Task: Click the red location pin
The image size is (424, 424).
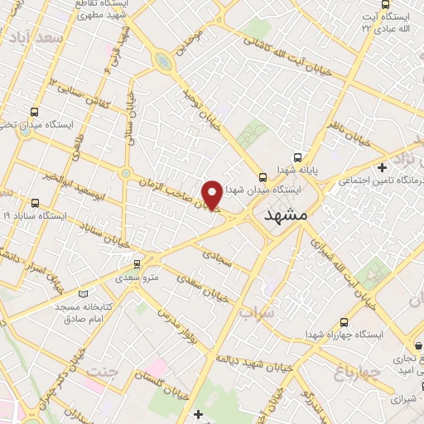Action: pyautogui.click(x=213, y=194)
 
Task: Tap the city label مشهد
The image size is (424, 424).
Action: pyautogui.click(x=286, y=214)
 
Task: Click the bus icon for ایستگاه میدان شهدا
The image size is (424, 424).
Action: pyautogui.click(x=263, y=177)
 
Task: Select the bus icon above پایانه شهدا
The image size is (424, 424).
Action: pyautogui.click(x=297, y=156)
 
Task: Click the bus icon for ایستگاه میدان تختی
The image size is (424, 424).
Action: pyautogui.click(x=34, y=112)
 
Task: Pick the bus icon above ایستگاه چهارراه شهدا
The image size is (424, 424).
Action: pyautogui.click(x=344, y=323)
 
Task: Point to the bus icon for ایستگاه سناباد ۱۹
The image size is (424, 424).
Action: pyautogui.click(x=34, y=203)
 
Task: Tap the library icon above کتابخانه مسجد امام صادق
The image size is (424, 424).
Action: pyautogui.click(x=80, y=294)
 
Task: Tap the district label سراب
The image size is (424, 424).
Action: pyautogui.click(x=254, y=314)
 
